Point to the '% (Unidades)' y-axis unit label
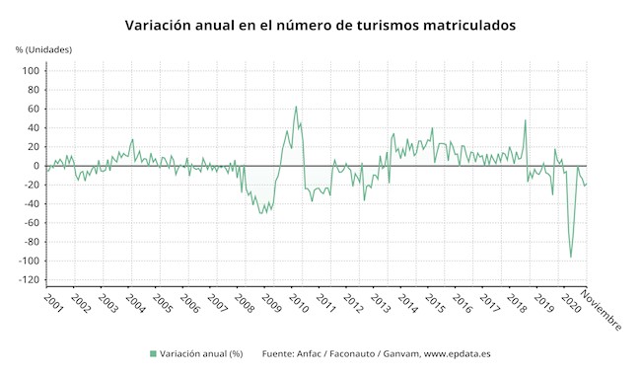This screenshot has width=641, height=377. tap(43, 49)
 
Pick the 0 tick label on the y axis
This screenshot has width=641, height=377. tap(36, 166)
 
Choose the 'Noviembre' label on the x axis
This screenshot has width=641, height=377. tap(601, 310)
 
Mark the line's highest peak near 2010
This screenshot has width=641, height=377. tap(296, 107)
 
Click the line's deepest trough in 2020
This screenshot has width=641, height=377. tap(571, 257)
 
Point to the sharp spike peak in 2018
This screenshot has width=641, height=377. tap(525, 120)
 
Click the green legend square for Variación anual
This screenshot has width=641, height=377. tap(153, 353)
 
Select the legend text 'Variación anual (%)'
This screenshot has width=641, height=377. tap(201, 353)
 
